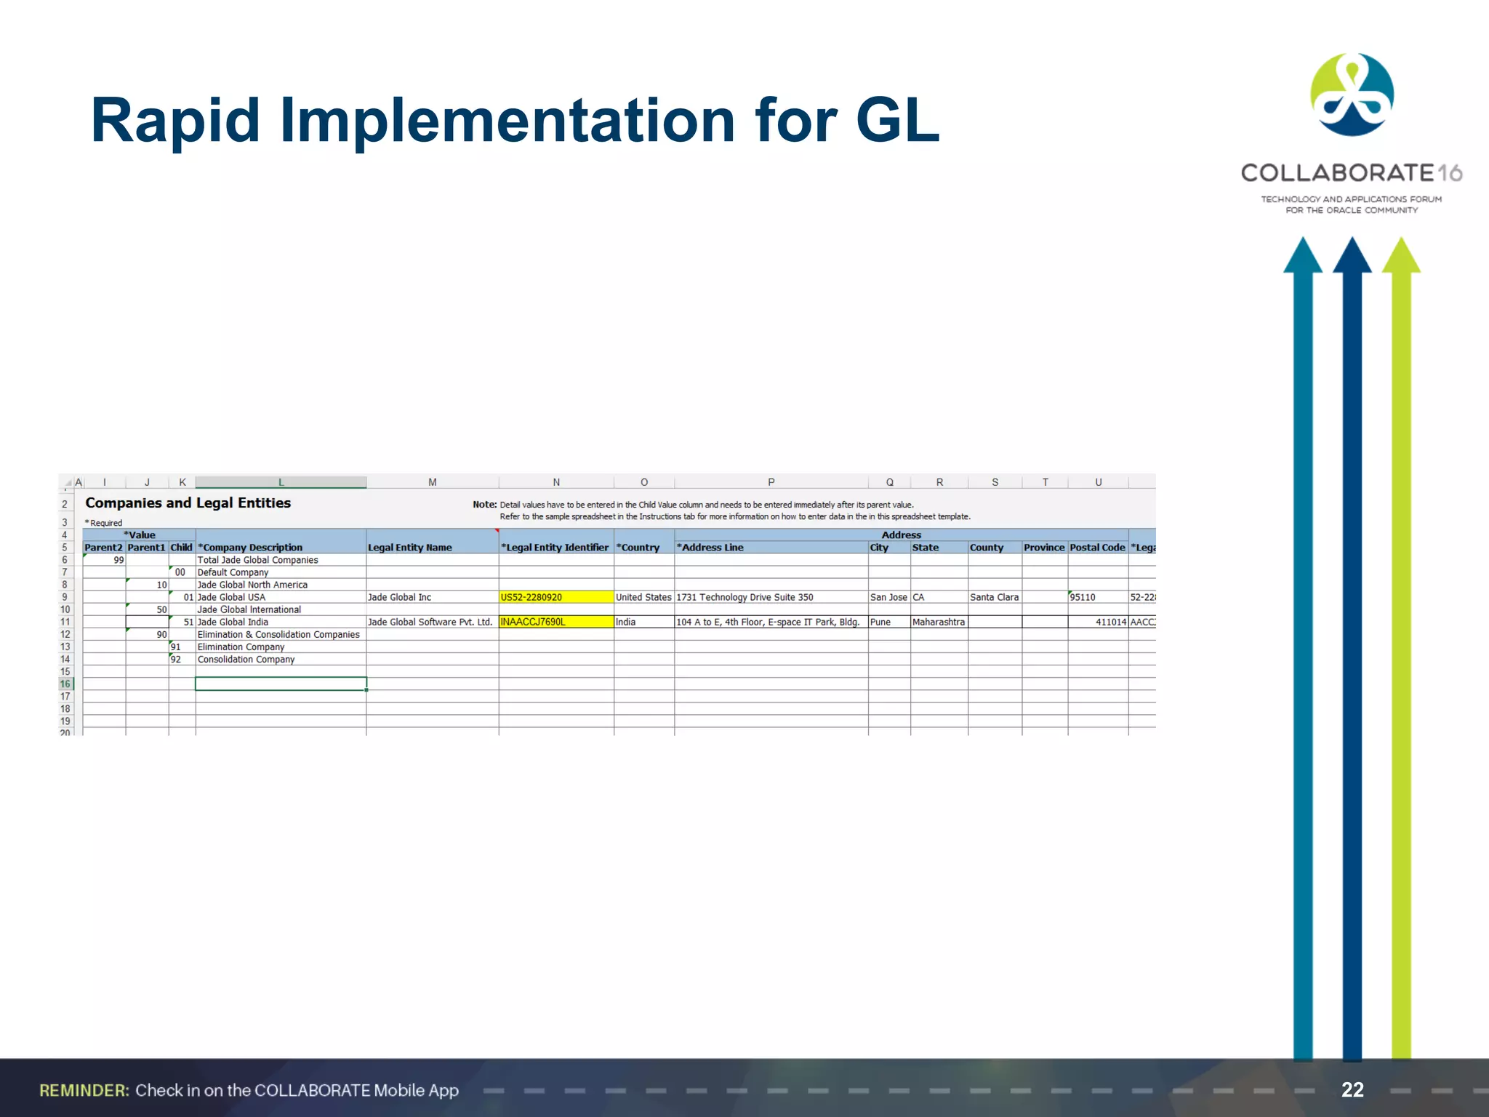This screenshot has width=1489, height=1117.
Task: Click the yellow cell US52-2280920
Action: point(555,597)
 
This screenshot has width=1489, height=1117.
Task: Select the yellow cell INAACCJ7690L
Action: point(555,622)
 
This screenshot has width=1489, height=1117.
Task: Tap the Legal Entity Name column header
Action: point(410,548)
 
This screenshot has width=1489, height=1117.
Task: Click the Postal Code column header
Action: point(1097,548)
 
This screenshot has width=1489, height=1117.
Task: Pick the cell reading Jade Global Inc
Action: point(400,597)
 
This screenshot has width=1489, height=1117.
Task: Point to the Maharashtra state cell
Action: point(938,622)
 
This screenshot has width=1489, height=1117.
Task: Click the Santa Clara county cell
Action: point(994,597)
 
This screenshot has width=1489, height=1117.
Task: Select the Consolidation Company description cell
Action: point(246,660)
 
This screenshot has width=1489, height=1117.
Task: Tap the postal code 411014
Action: point(1110,622)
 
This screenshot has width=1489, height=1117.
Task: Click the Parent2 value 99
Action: point(119,560)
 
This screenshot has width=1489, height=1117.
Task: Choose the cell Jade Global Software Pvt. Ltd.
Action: point(430,622)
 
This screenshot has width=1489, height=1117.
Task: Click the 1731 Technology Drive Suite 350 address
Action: point(744,597)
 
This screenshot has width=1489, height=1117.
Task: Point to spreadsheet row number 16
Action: point(65,684)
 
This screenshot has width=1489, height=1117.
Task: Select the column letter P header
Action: point(771,482)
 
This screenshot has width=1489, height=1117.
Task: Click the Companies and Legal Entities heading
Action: point(188,503)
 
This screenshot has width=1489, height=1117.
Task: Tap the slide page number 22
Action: point(1352,1089)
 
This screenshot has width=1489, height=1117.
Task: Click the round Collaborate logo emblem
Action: point(1352,95)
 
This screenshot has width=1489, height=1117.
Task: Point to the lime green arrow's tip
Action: point(1401,241)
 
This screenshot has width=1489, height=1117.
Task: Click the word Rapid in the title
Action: point(175,121)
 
